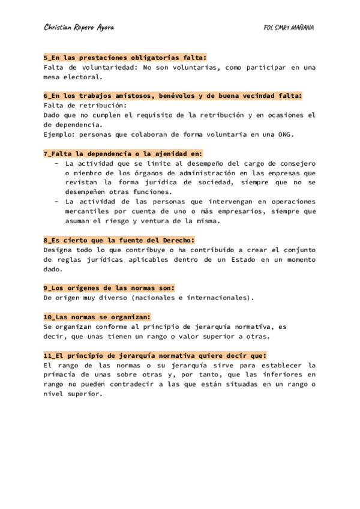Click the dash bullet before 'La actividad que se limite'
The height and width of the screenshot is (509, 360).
point(56,163)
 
